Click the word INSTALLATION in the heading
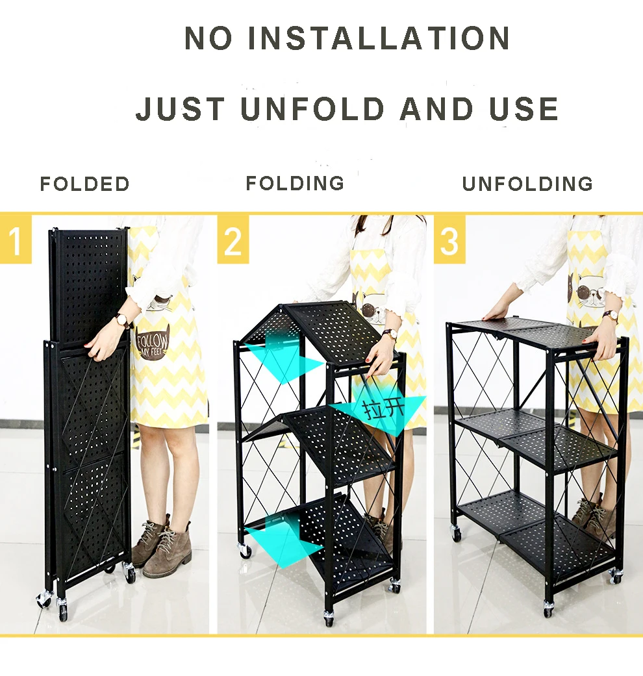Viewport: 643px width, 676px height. pos(380,39)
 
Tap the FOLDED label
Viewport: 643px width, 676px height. pos(85,184)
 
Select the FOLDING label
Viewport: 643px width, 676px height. pos(295,183)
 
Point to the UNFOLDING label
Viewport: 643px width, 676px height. pos(527,184)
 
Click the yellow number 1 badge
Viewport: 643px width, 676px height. pos(16,240)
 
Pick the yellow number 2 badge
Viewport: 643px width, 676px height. pos(233,240)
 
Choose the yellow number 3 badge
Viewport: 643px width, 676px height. pos(449,240)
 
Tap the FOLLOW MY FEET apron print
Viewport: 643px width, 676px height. pos(152,345)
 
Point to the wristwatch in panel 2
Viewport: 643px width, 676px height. pos(390,334)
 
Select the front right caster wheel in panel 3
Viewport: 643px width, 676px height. pos(615,575)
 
